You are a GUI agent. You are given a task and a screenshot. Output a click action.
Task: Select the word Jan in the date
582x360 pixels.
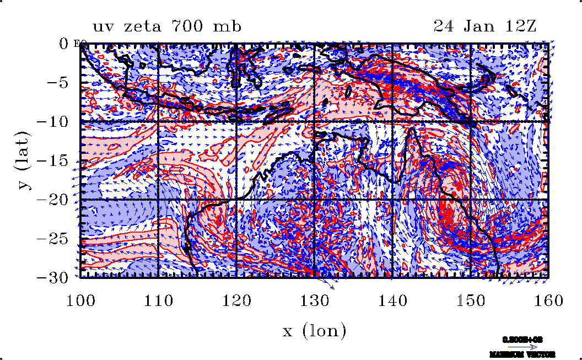pos(481,26)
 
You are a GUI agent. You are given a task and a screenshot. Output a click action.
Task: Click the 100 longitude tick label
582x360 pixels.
pos(81,300)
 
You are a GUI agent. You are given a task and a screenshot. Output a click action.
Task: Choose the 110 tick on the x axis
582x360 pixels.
pos(159,300)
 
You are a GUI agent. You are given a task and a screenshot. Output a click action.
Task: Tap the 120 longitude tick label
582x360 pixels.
pos(236,300)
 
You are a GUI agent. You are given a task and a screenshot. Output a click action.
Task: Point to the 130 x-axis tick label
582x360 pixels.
pos(314,300)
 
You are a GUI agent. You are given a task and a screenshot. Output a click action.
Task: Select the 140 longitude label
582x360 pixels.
pos(392,300)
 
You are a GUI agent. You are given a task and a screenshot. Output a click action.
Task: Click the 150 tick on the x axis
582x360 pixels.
pos(470,300)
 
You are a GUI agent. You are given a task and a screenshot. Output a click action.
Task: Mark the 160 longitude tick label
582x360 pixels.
pos(548,300)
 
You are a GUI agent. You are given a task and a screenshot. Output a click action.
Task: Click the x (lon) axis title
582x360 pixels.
pos(314,331)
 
